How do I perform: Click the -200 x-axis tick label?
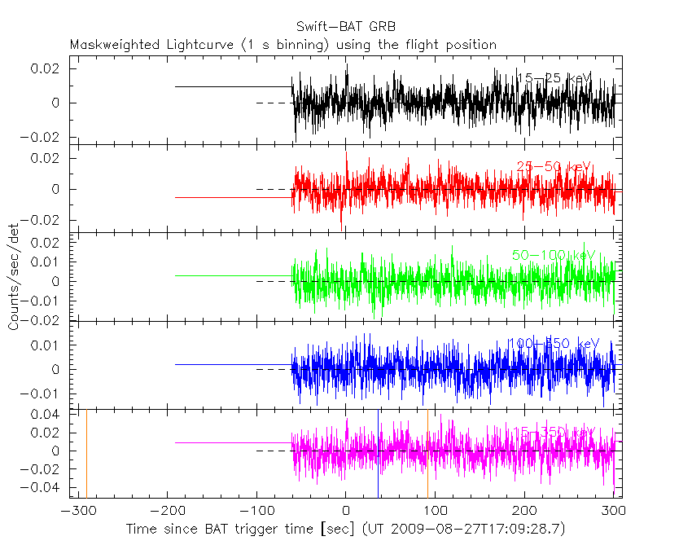[167, 511]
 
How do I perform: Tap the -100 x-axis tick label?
[256, 511]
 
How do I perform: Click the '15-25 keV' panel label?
[554, 78]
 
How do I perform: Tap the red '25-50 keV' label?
[554, 167]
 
